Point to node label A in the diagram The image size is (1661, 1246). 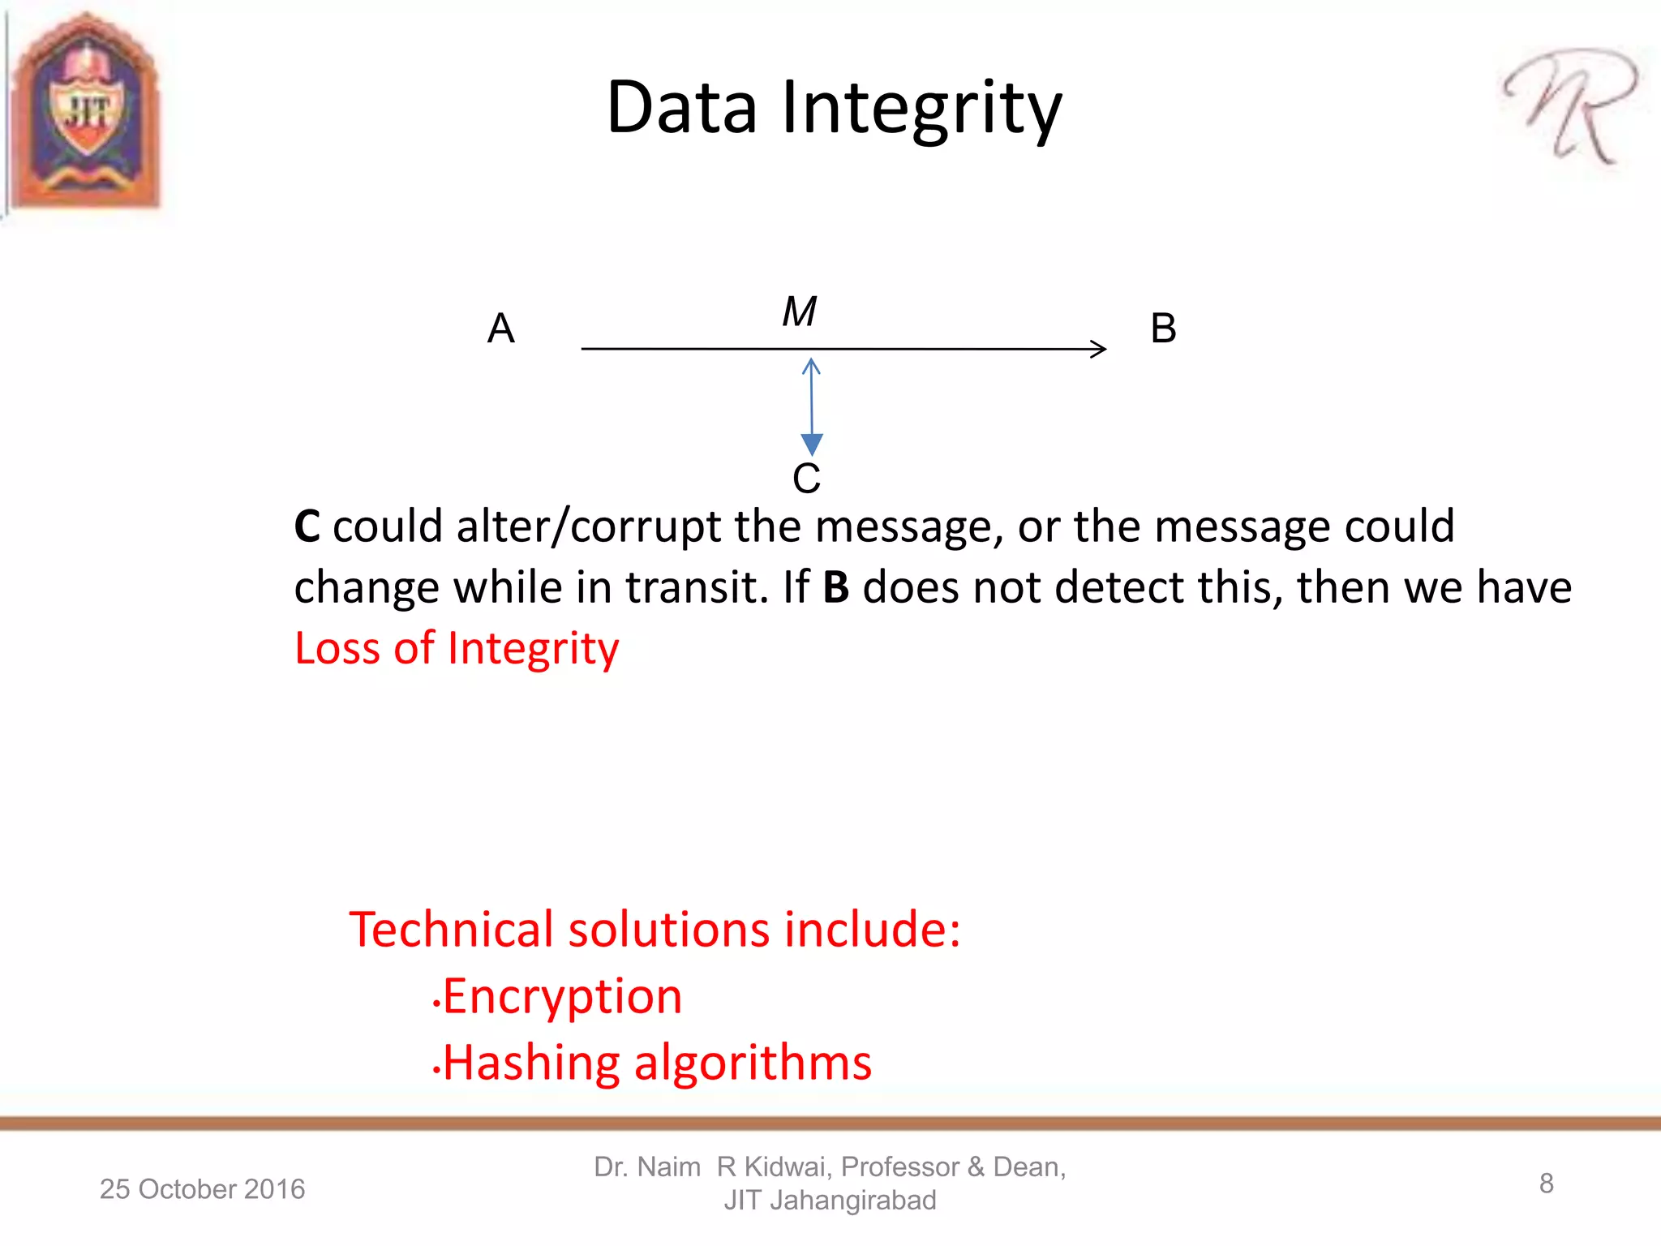tap(500, 329)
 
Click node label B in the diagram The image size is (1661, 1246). tap(1163, 329)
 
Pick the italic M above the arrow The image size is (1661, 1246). tap(799, 311)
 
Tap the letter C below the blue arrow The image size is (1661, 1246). tap(806, 478)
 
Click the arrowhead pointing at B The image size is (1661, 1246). tap(1100, 349)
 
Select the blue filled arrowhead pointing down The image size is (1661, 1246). tap(812, 444)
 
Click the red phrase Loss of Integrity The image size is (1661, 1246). tap(457, 648)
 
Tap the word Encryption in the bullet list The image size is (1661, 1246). tap(562, 996)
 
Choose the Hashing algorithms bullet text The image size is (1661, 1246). tap(657, 1062)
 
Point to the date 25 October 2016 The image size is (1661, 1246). tap(202, 1188)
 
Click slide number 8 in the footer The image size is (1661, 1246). tap(1546, 1184)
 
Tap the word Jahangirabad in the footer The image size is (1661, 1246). tap(852, 1200)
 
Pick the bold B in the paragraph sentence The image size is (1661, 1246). tap(835, 587)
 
